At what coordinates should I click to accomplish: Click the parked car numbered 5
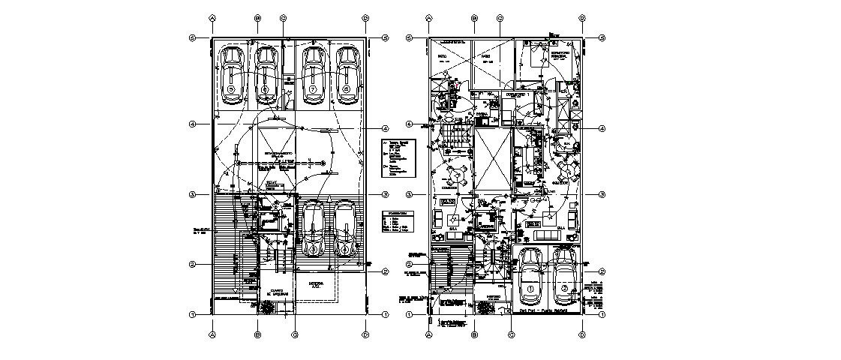coord(233,73)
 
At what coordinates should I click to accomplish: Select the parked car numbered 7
coord(314,73)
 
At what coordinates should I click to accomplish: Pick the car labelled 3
coord(311,229)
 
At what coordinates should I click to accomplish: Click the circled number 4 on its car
coord(344,248)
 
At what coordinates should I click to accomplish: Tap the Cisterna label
coord(317,284)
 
